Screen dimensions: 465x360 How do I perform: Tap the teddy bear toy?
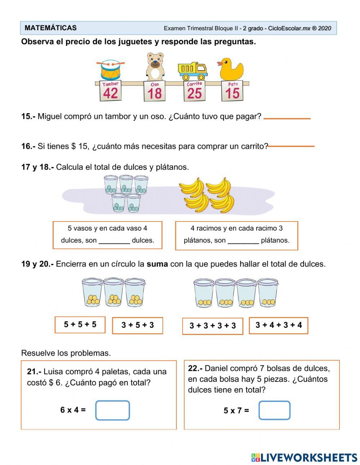tap(155, 67)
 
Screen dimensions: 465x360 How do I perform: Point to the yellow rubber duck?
tap(231, 70)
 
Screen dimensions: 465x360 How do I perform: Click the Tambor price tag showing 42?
tap(110, 91)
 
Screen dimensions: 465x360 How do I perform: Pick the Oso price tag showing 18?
tap(154, 91)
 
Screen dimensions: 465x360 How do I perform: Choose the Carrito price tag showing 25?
tap(194, 91)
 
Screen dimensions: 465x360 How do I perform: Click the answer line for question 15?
tap(287, 118)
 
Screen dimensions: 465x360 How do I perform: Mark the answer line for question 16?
tap(291, 146)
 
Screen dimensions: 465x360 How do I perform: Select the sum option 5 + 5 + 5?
tap(80, 325)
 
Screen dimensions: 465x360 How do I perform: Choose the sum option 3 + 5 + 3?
tap(138, 325)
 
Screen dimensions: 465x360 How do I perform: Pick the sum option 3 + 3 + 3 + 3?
tap(212, 326)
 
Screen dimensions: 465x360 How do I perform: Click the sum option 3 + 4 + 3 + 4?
tap(279, 325)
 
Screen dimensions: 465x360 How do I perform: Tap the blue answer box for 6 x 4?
tap(112, 410)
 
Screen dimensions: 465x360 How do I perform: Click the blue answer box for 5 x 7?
tap(274, 410)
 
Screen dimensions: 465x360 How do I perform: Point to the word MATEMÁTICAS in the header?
tap(51, 28)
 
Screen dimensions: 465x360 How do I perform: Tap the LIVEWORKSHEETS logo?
tap(304, 457)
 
